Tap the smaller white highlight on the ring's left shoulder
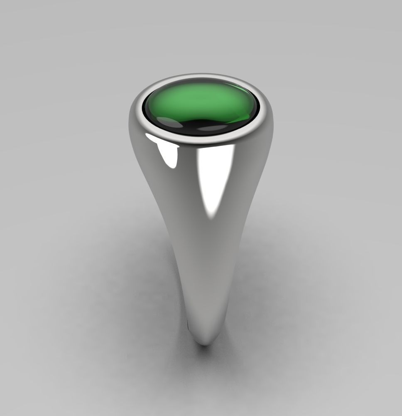pos(168,154)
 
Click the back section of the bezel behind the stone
pos(199,78)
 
